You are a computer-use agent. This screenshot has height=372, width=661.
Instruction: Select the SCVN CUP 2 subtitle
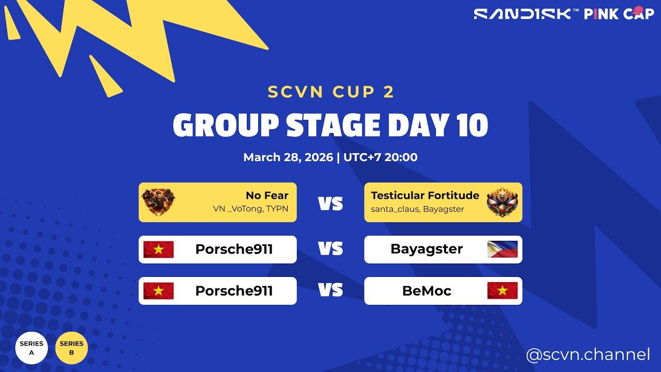(x=331, y=92)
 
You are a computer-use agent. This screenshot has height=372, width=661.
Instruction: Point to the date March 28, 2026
(x=288, y=157)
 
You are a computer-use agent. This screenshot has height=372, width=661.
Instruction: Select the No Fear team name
(x=267, y=195)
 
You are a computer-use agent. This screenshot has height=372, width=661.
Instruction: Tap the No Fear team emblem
(x=158, y=202)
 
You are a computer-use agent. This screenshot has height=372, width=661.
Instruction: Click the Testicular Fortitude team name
(x=425, y=195)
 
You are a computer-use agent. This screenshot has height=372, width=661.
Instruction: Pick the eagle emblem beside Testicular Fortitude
(x=502, y=202)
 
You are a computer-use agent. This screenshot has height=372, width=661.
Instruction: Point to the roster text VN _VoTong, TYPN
(x=250, y=209)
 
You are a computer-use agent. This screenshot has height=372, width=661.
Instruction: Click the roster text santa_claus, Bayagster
(x=417, y=209)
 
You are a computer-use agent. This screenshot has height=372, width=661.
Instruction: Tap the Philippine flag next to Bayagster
(x=502, y=249)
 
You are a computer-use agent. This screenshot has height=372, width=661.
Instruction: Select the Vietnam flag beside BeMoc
(x=502, y=291)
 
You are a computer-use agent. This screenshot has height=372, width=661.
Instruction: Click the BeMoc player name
(x=427, y=291)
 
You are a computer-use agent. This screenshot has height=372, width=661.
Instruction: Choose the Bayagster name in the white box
(x=427, y=249)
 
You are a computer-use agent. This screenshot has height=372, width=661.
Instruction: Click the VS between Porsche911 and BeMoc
(x=330, y=291)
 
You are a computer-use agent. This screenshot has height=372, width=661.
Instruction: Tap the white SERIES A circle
(x=32, y=348)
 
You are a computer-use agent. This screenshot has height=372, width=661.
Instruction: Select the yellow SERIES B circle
(x=71, y=348)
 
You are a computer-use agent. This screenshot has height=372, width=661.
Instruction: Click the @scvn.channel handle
(x=588, y=355)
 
